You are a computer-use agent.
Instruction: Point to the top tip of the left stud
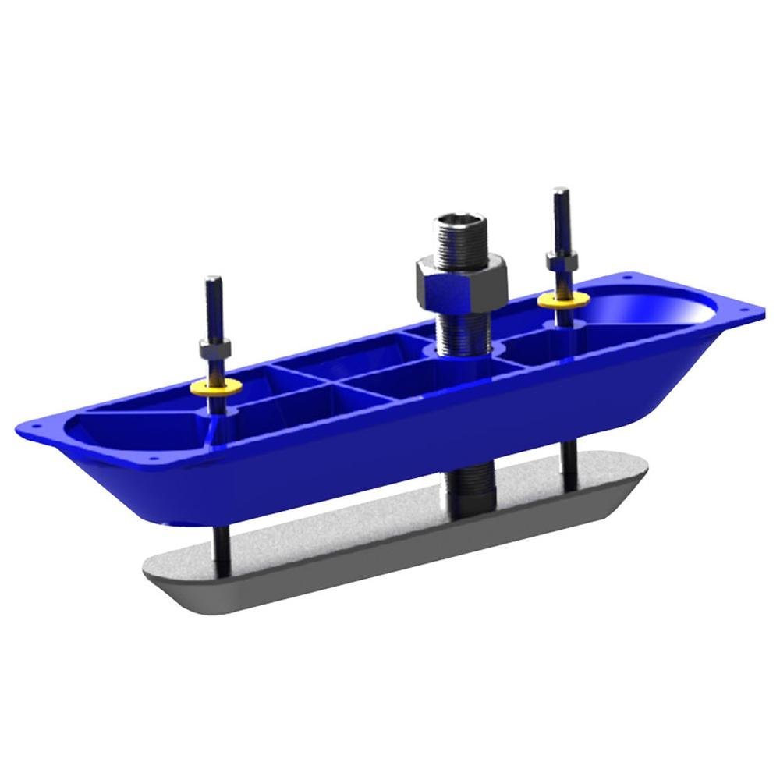211,281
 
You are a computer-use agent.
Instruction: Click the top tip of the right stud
558,191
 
